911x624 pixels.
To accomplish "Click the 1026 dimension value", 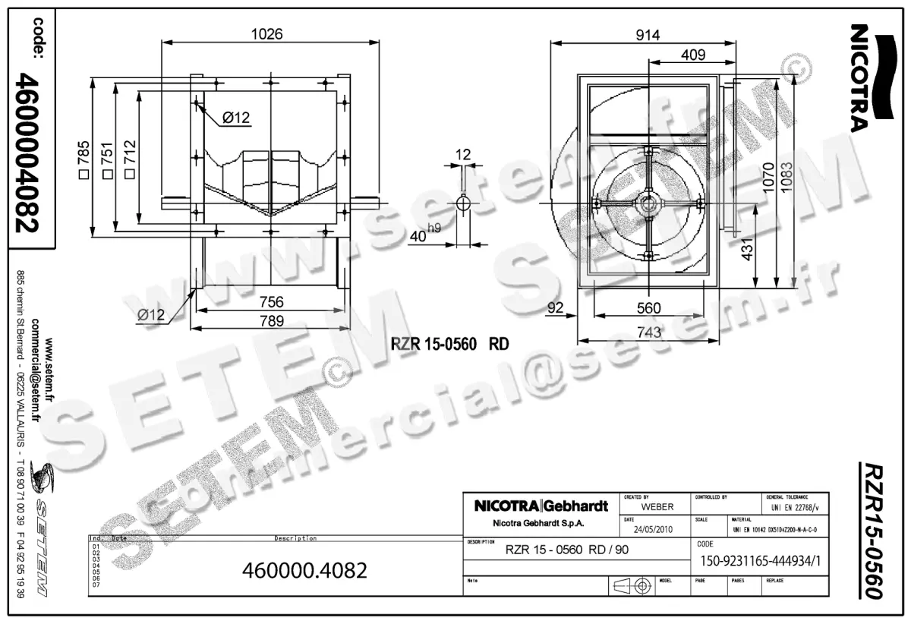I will (266, 33).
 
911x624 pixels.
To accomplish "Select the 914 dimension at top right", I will (647, 35).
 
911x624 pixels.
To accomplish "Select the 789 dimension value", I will (270, 321).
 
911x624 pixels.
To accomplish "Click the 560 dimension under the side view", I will (648, 307).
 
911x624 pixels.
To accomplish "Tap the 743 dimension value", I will (648, 331).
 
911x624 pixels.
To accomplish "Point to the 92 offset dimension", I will (555, 307).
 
